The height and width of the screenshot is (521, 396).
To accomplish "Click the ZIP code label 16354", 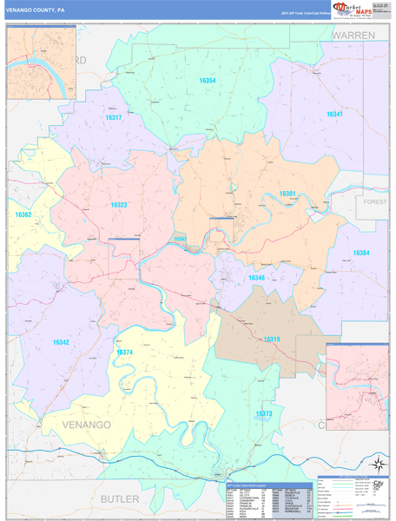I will tap(207, 81).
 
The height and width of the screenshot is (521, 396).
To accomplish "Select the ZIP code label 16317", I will tap(114, 117).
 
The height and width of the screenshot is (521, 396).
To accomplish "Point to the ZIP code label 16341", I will tap(334, 115).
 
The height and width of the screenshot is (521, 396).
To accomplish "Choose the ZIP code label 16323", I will tap(119, 205).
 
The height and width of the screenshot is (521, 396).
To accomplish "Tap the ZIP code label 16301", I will tap(287, 194).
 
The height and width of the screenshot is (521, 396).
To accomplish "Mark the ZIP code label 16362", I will tap(23, 214).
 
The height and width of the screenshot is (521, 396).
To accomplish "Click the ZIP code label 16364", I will tap(361, 253).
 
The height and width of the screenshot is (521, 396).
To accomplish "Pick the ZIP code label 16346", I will tap(257, 278).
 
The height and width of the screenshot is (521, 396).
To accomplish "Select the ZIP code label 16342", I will tap(60, 342).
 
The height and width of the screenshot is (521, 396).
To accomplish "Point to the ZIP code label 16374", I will tap(124, 352).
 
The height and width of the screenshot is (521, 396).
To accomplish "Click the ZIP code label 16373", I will tap(264, 414).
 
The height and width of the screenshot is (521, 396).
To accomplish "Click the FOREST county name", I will tap(375, 201).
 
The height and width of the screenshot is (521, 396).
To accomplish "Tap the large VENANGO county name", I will tap(87, 425).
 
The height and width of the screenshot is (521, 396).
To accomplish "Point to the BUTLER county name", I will tap(119, 498).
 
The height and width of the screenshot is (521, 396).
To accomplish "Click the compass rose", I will tap(378, 464).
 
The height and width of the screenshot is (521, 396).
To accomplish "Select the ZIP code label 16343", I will tap(180, 238).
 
